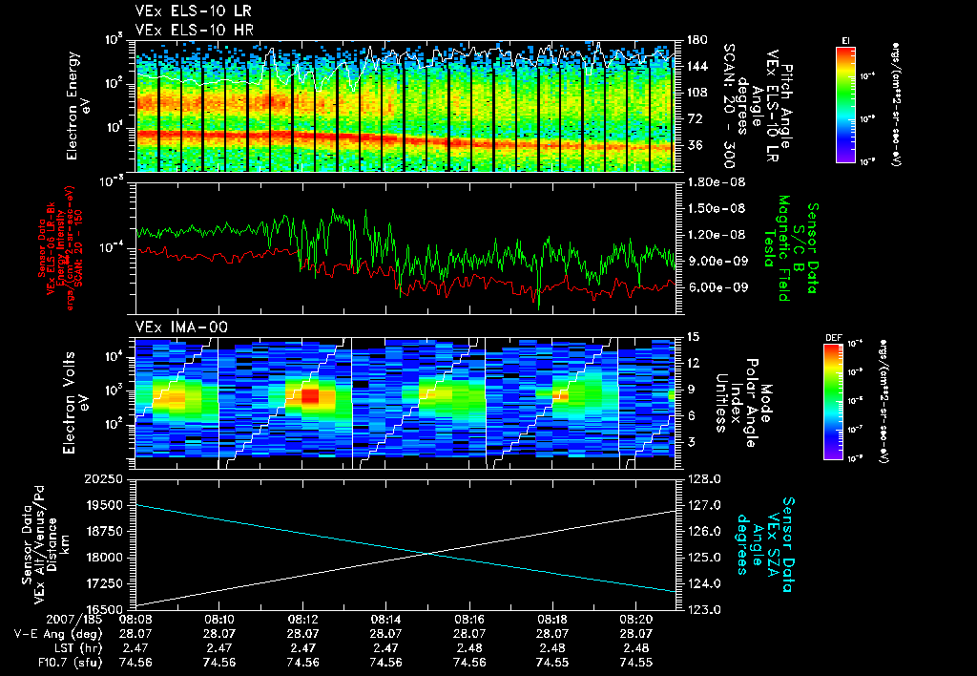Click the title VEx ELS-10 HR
189,30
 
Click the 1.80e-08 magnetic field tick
717,181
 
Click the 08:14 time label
385,620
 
